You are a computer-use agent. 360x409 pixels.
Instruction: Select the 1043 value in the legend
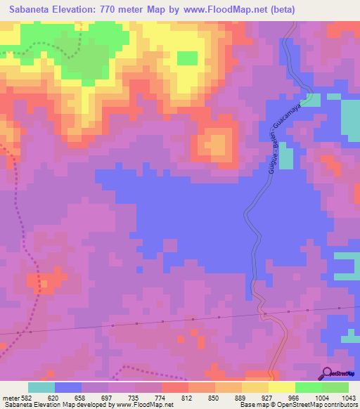click(x=347, y=397)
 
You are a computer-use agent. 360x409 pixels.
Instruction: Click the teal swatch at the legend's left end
click(x=41, y=387)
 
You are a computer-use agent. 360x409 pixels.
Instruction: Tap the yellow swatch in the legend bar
click(x=255, y=387)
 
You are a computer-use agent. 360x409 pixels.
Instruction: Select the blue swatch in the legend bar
click(x=67, y=387)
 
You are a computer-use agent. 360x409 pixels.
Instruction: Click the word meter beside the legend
click(x=12, y=397)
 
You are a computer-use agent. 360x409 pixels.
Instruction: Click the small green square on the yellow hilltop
click(x=187, y=58)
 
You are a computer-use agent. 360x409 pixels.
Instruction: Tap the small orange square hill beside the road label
click(x=216, y=145)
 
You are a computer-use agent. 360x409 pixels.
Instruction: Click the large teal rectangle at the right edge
click(x=349, y=118)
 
